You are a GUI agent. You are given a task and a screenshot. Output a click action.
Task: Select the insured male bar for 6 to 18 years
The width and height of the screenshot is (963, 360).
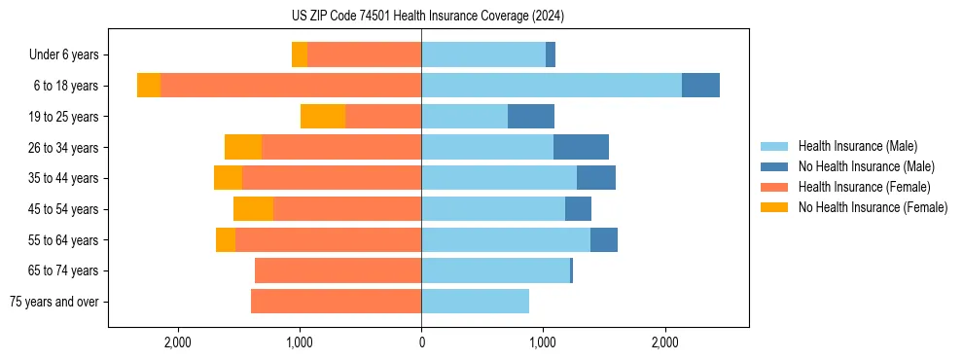tap(551, 86)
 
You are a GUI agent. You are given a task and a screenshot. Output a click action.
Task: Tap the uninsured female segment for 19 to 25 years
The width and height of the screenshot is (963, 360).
tap(323, 117)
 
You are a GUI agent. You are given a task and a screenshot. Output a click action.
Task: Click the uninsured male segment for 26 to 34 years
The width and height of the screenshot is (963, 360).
tap(581, 147)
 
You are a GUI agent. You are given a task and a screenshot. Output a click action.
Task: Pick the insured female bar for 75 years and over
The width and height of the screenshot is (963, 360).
tap(336, 302)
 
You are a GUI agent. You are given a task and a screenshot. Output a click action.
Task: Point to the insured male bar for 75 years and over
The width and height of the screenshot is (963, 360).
tap(475, 302)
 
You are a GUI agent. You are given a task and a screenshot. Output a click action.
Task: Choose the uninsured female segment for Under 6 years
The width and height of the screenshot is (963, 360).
tap(300, 54)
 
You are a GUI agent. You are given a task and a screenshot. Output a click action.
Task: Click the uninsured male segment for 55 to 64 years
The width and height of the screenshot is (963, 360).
tap(603, 239)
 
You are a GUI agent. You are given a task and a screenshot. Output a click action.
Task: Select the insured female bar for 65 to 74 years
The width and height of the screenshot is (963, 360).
tap(338, 270)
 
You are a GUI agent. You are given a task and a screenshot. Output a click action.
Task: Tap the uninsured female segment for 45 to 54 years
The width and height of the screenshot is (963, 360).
tap(253, 209)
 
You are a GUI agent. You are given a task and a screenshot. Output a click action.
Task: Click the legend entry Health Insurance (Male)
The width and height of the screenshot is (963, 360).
tap(857, 146)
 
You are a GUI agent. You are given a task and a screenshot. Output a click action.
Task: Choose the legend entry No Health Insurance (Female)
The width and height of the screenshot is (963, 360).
tap(873, 207)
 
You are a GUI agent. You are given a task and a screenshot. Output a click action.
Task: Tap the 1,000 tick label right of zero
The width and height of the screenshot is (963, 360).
tap(543, 342)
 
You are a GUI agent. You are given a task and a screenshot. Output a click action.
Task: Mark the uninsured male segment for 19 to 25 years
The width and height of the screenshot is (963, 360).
tap(531, 117)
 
